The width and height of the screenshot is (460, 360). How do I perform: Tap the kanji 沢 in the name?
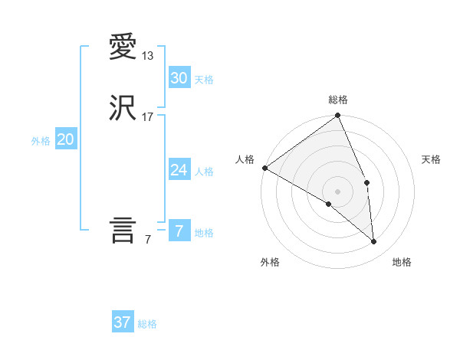123,109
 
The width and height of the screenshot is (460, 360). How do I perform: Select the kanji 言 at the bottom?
123,231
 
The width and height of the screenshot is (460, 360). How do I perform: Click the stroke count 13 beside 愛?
148,56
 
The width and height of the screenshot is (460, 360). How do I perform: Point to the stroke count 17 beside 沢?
148,117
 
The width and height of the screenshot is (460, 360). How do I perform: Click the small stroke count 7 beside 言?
148,240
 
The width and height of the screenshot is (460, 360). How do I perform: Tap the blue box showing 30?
179,78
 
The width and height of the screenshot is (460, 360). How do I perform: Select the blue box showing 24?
179,170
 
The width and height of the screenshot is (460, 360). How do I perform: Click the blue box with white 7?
179,231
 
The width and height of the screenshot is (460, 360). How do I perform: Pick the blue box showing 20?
66,139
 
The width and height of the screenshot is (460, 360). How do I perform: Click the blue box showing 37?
122,322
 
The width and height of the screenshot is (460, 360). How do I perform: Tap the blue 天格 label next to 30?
204,80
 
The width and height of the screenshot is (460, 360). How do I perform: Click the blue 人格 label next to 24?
204,172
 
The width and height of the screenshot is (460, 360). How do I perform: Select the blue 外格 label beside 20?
41,141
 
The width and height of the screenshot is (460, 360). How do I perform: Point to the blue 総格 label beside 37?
147,324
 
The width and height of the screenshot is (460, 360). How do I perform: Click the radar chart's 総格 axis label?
338,100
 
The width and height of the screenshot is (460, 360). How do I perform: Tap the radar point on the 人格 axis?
264,168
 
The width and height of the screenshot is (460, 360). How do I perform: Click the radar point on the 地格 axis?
374,242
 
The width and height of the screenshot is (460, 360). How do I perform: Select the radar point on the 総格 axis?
338,116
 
